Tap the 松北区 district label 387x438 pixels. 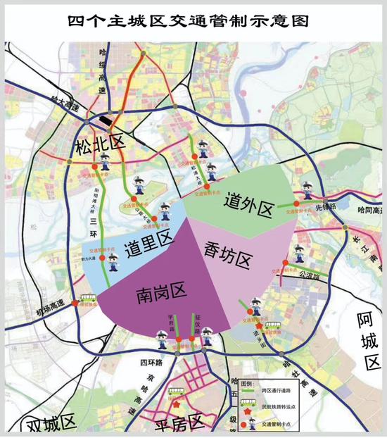(100, 146)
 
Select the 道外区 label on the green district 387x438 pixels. (248, 205)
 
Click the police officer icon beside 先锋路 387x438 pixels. (307, 191)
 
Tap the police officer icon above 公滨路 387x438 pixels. (300, 254)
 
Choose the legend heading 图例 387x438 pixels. (248, 382)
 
